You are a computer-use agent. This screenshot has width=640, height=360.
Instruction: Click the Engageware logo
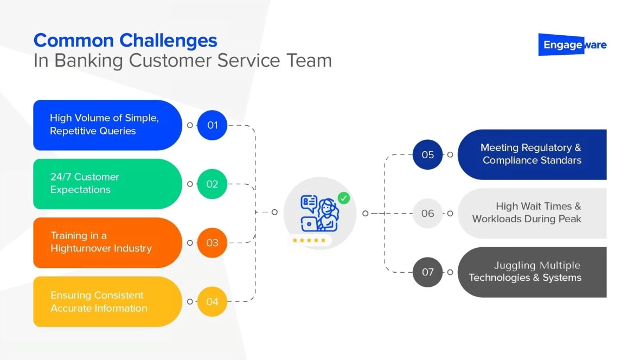(x=572, y=45)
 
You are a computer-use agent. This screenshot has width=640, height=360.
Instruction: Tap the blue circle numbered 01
(x=212, y=125)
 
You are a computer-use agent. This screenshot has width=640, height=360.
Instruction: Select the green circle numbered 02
(x=212, y=184)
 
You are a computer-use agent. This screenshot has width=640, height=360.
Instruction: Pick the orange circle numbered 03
(x=212, y=243)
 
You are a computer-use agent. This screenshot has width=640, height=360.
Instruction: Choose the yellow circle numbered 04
(x=212, y=301)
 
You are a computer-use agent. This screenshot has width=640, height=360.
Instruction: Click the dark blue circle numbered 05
(x=428, y=155)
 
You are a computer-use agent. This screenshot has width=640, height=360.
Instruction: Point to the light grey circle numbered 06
(x=428, y=214)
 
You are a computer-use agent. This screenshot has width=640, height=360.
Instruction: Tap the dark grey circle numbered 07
(x=428, y=272)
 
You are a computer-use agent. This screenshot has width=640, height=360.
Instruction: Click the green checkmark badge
(x=343, y=198)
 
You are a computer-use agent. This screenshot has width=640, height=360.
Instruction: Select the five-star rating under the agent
(x=309, y=240)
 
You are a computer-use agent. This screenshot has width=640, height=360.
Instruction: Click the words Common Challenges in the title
(x=125, y=41)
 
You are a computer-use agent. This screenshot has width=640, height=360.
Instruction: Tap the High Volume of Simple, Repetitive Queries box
(x=107, y=125)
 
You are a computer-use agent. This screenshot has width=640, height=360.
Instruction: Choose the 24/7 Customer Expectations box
(x=107, y=184)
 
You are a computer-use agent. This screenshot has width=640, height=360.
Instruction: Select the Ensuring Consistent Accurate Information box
(x=107, y=301)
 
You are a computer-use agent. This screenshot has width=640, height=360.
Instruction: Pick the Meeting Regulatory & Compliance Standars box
(x=532, y=155)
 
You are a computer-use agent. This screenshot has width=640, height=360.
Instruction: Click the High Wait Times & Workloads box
(x=532, y=213)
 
